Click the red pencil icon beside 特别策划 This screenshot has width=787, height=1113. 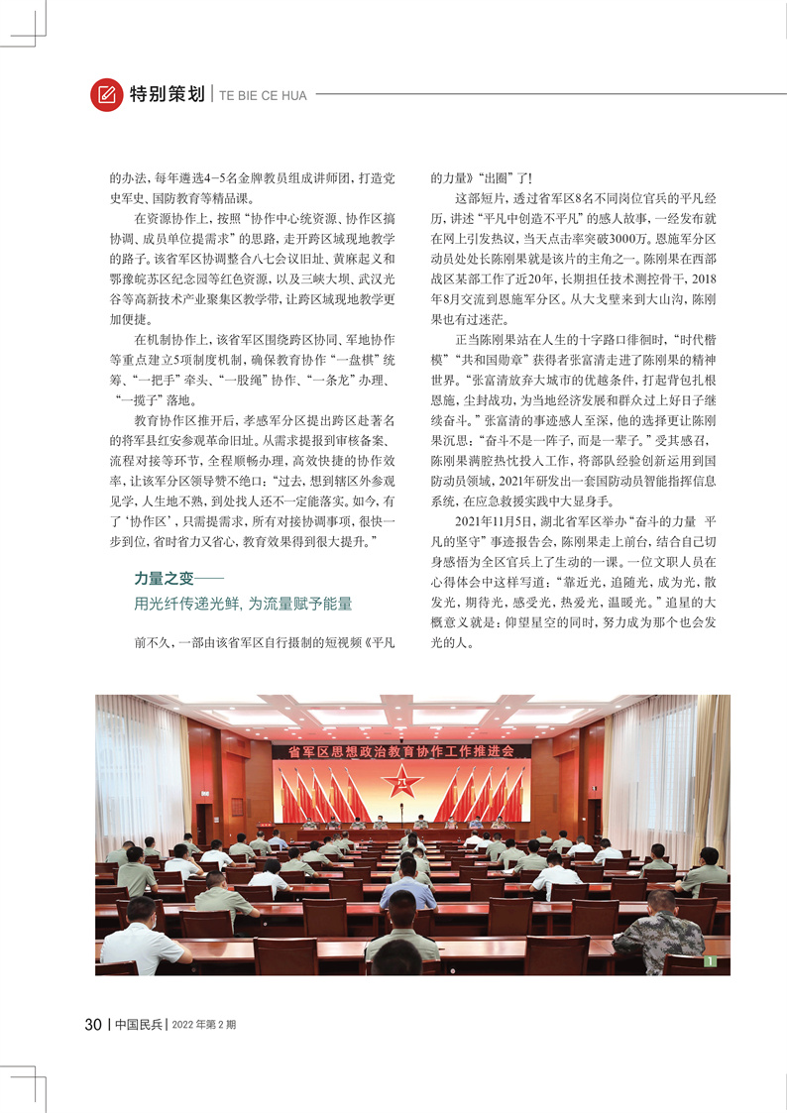tap(104, 95)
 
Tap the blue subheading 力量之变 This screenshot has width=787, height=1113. tap(166, 578)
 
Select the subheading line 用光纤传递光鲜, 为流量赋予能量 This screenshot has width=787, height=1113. tap(243, 603)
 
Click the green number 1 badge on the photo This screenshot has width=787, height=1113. tap(709, 960)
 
